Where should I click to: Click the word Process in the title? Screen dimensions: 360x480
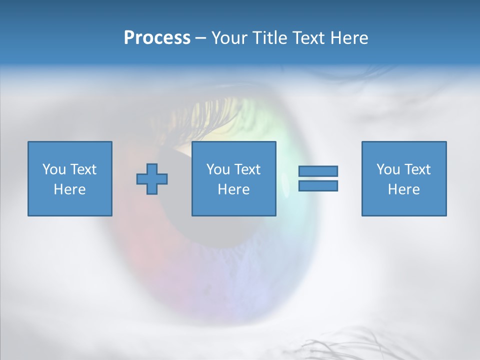(157, 38)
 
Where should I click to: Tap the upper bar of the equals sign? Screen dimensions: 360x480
(318, 171)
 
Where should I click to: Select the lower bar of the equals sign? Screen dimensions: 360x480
(318, 186)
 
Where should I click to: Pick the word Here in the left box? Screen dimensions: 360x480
(69, 189)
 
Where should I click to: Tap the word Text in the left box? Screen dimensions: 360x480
(82, 169)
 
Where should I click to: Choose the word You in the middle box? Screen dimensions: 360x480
(217, 169)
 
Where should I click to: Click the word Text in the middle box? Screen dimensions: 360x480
(246, 169)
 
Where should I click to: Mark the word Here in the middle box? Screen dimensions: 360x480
(233, 189)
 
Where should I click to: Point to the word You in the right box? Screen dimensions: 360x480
(387, 169)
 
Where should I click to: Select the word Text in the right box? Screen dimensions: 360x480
(416, 169)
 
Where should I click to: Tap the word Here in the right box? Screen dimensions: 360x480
(403, 189)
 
